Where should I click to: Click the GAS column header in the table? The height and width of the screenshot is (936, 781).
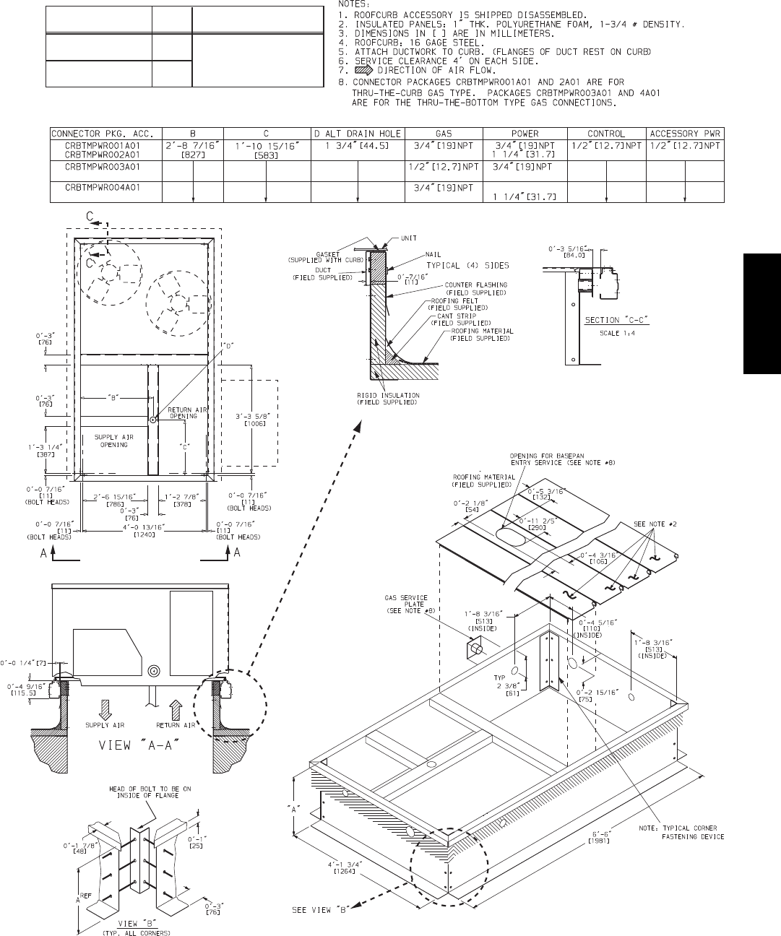(444, 134)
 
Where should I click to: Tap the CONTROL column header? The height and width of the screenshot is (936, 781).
(606, 134)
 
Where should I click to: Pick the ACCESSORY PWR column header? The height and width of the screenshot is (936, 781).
(685, 134)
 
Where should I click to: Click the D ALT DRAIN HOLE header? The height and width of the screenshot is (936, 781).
(358, 134)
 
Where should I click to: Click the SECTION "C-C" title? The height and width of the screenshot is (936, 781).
(607, 320)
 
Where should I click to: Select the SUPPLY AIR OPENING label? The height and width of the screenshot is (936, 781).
(113, 441)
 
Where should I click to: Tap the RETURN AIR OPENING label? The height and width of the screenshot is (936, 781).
(188, 413)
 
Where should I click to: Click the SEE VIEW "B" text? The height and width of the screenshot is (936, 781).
(320, 910)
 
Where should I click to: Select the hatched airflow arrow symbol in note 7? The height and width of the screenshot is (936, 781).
(363, 71)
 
